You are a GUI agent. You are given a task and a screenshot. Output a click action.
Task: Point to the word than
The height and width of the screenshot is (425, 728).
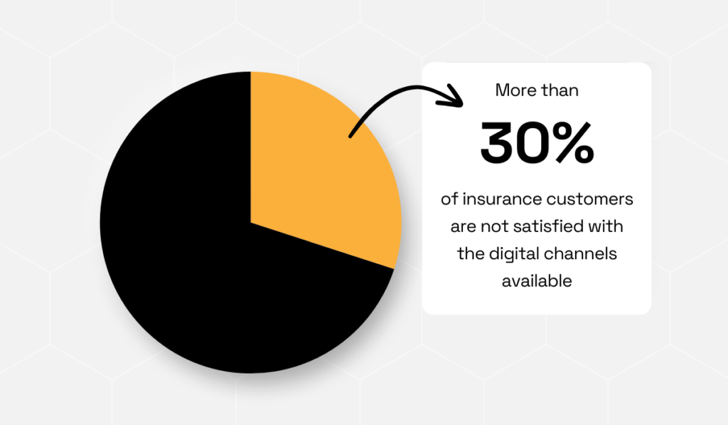click(x=560, y=91)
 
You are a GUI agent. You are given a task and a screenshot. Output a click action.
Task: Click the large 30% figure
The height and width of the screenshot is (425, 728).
click(x=537, y=143)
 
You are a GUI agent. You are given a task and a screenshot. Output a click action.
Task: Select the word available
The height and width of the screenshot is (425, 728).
click(x=537, y=281)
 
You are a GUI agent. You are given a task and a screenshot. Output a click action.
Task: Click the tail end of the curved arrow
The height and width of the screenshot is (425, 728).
click(x=350, y=135)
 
